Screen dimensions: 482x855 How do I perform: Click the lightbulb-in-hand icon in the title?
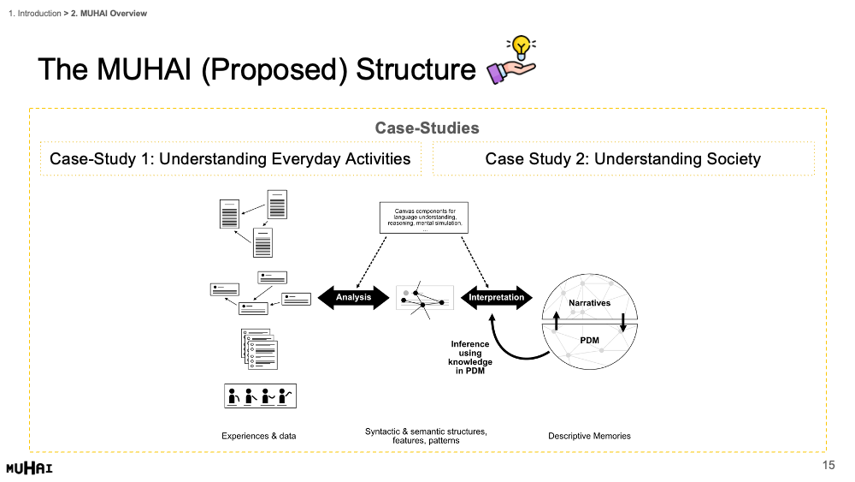511,61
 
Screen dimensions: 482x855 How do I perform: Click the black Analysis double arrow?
354,297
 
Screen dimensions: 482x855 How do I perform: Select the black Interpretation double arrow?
497,297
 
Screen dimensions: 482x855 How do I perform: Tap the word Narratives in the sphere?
589,303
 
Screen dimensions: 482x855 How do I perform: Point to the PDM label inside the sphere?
589,340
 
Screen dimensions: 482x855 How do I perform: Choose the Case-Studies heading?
427,128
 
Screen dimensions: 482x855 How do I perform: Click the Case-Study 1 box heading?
230,158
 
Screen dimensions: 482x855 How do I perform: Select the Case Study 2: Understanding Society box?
622,158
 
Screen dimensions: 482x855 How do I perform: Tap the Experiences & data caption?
259,436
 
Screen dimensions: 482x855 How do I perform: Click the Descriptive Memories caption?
589,436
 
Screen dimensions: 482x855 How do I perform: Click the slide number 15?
828,465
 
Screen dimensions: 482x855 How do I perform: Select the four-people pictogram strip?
259,396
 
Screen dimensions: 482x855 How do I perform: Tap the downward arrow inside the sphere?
623,322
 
